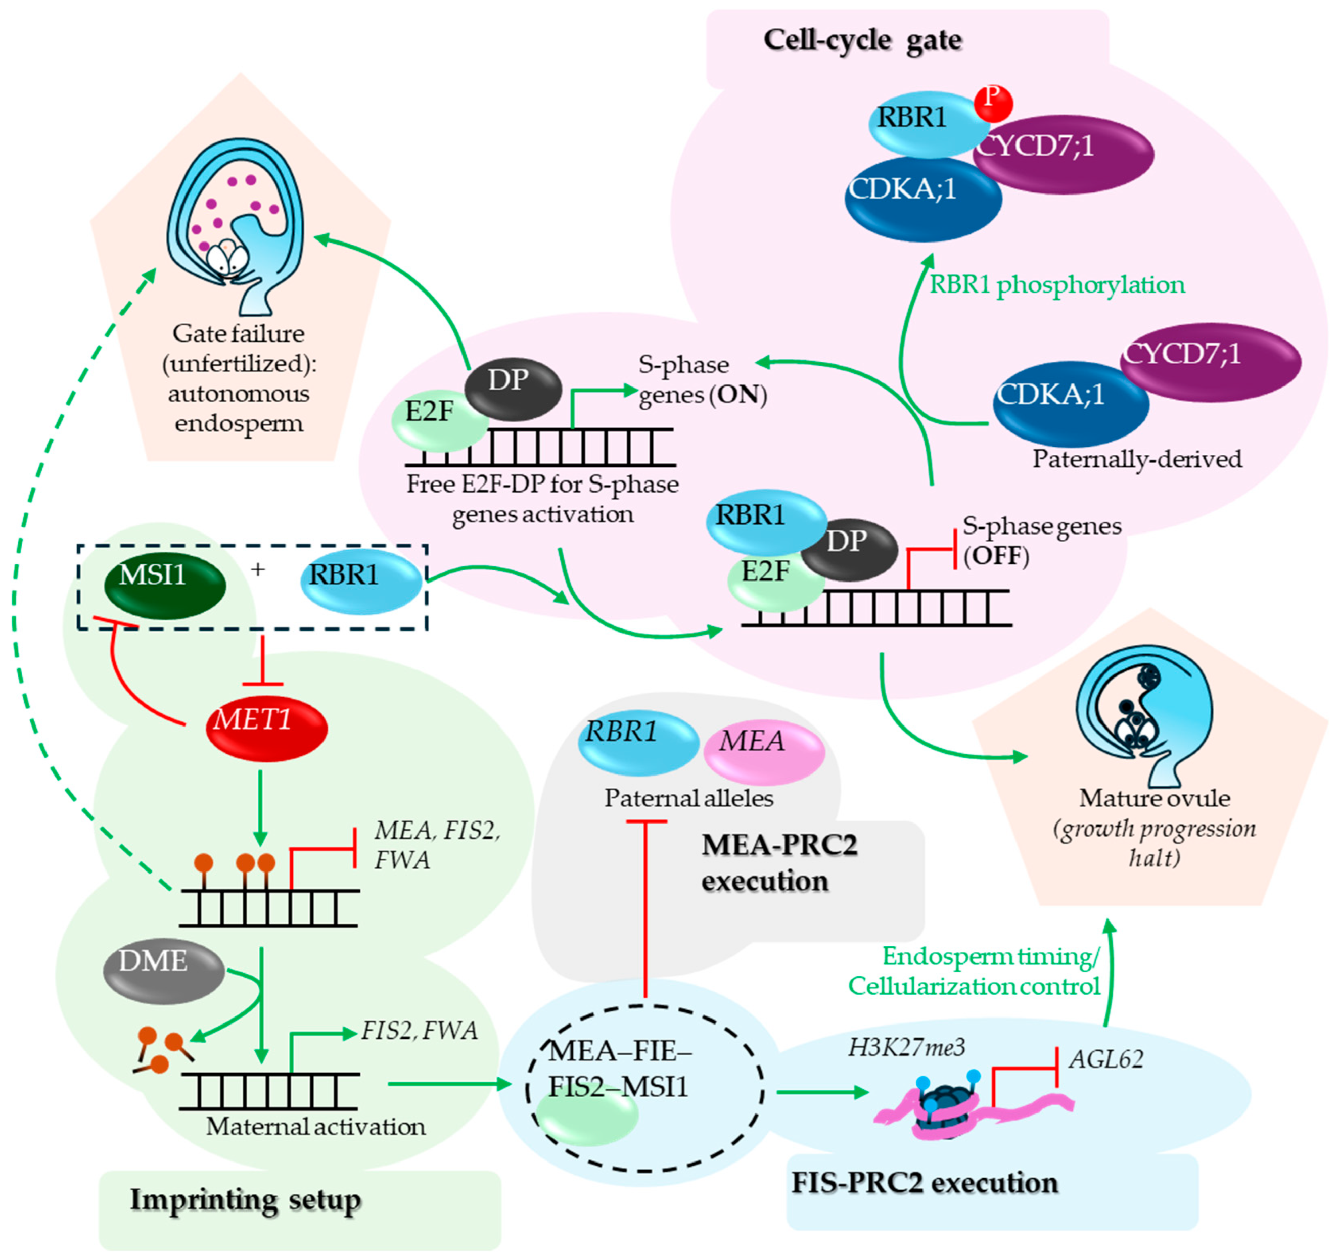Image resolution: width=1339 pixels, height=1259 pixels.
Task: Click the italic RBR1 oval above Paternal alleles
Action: (637, 741)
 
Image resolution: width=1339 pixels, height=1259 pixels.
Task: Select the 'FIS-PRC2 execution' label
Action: (924, 1183)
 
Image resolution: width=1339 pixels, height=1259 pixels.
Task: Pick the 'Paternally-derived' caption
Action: (1137, 459)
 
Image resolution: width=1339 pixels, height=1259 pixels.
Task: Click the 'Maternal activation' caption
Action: (315, 1126)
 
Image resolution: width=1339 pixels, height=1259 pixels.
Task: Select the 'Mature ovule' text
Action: (1155, 798)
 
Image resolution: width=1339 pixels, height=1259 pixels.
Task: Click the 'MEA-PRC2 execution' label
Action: (778, 863)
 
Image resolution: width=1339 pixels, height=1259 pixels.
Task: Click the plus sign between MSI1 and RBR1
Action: (257, 569)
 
